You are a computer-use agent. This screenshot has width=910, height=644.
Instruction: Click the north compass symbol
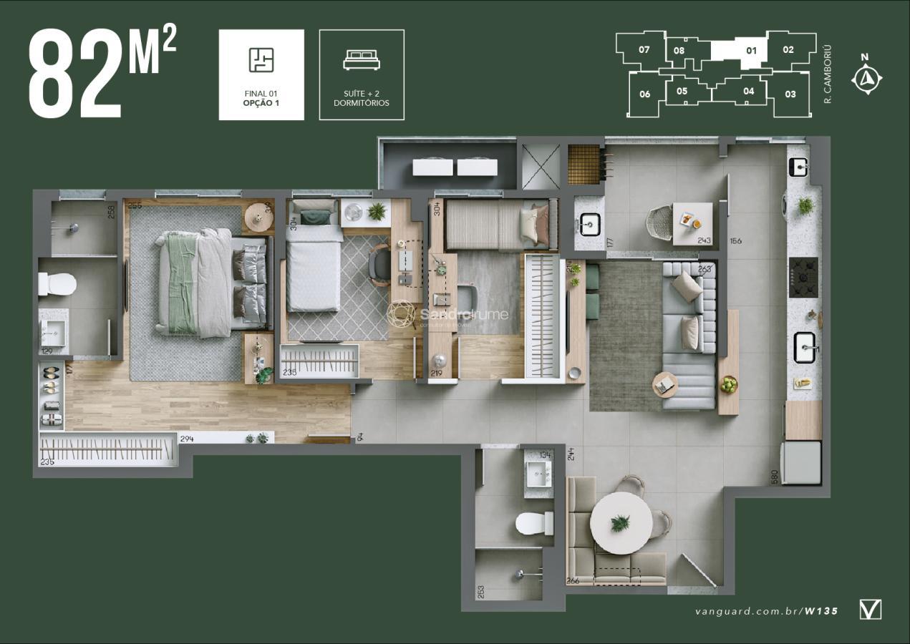click(866, 76)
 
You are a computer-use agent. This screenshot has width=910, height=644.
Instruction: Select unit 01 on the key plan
click(751, 51)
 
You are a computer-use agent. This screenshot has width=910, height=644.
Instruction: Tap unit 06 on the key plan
click(645, 94)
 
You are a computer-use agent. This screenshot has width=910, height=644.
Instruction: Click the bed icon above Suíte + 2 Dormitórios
click(362, 60)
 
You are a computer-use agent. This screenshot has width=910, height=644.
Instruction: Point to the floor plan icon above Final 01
click(261, 60)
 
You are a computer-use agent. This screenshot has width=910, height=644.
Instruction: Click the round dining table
click(621, 523)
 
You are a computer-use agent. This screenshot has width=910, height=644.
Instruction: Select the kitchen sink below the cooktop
click(805, 348)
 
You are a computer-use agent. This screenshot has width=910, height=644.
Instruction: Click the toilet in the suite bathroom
click(57, 284)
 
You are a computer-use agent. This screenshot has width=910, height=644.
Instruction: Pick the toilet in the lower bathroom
click(534, 523)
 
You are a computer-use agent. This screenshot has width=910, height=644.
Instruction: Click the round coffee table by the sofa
click(664, 385)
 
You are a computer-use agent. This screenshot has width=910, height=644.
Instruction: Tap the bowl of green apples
click(728, 384)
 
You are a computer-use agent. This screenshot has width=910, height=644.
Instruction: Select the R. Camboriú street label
click(828, 74)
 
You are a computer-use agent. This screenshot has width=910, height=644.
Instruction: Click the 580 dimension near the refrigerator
click(774, 477)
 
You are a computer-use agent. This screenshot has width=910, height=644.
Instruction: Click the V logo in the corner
click(870, 610)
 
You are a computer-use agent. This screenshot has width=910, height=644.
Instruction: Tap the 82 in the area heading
click(74, 74)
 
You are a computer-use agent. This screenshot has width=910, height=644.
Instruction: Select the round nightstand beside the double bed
click(258, 218)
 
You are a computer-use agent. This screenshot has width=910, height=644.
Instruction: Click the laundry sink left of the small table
click(590, 225)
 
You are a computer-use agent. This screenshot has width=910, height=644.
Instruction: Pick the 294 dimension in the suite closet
click(187, 439)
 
